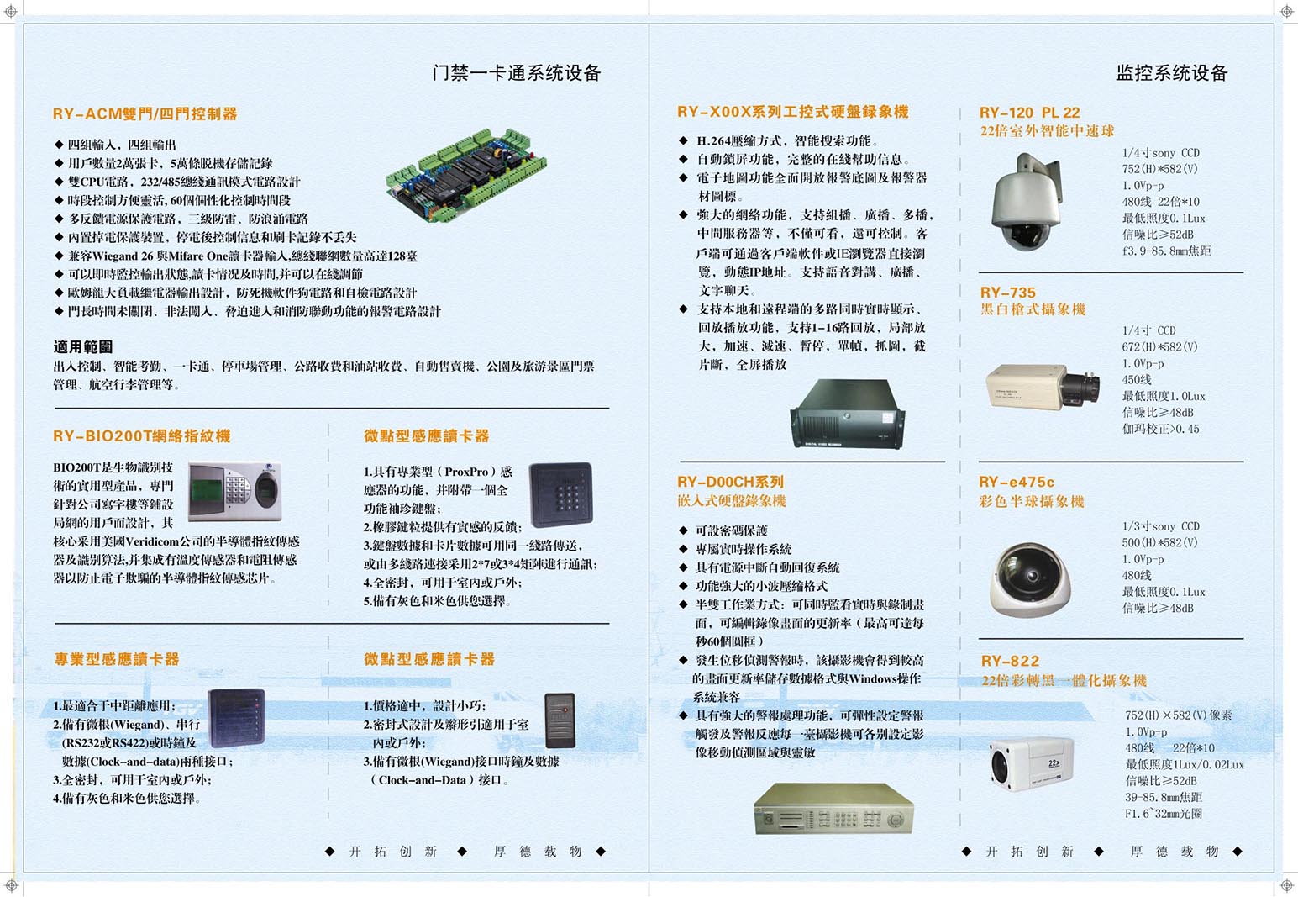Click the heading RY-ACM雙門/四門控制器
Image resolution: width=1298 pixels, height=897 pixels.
[145, 113]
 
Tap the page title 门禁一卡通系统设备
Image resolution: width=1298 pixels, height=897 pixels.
[517, 73]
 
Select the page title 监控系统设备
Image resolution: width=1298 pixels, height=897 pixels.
[1171, 73]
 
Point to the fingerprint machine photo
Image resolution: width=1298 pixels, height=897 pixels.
[234, 492]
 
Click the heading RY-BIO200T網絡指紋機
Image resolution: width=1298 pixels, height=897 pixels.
[141, 435]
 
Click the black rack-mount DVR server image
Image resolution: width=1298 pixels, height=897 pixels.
[847, 414]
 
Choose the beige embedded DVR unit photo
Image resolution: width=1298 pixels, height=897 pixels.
[833, 808]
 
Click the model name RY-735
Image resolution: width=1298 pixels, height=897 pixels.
[1007, 293]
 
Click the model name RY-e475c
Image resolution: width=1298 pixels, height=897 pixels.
[1016, 482]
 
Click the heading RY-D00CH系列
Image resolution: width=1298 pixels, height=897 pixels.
[730, 482]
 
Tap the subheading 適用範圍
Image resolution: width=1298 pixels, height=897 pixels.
[83, 346]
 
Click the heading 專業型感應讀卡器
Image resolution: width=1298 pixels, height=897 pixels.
[117, 659]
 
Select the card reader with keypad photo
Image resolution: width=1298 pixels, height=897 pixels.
[561, 494]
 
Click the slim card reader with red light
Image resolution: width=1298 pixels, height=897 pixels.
[560, 720]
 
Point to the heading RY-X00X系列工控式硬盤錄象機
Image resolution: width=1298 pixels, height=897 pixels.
[792, 112]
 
